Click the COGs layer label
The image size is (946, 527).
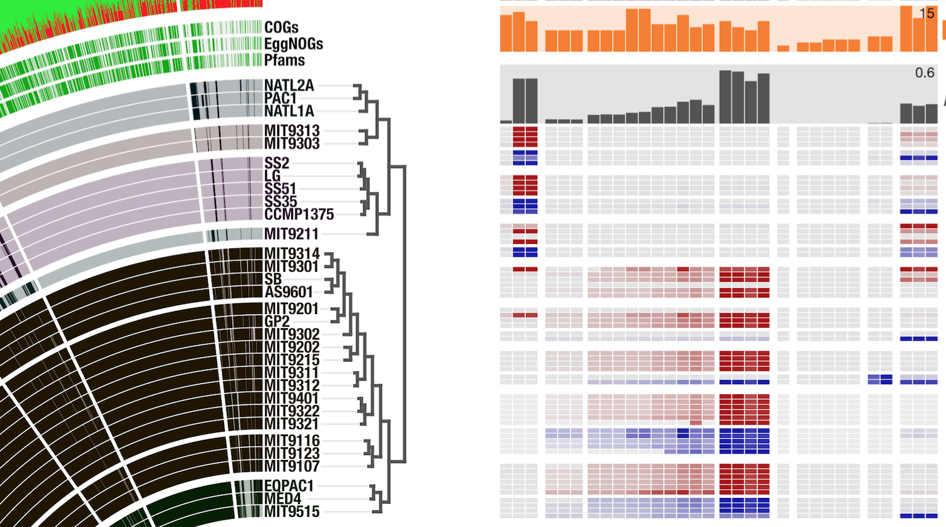point(281,28)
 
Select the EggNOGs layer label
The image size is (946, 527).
point(294,44)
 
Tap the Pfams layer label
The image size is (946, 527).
point(284,61)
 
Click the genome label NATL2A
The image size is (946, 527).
point(289,85)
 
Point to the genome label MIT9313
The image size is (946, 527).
point(292,131)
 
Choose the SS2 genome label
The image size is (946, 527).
point(277,163)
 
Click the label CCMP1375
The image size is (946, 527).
point(299,214)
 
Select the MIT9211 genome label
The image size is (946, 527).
point(291,234)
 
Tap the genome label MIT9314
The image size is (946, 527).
point(292,254)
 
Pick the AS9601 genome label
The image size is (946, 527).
point(289,292)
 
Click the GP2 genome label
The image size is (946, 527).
point(277,322)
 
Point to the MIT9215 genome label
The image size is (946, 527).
point(292,360)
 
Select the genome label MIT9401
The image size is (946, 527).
point(291,398)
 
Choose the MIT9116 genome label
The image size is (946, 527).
point(292,440)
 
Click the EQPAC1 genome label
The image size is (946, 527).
point(289,486)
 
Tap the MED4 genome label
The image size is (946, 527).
point(282,499)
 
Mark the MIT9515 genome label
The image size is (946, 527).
point(292,512)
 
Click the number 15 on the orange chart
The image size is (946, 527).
point(926,13)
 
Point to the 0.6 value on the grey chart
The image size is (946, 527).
point(925,73)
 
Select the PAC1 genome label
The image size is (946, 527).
point(280,99)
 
